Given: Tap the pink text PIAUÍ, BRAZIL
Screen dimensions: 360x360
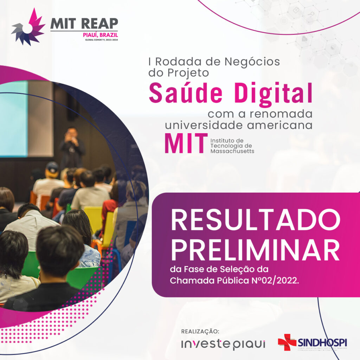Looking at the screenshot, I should pos(100,35).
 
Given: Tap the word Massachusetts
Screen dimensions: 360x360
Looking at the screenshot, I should pos(232,151).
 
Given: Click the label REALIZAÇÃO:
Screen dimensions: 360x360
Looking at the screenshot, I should pos(200,332).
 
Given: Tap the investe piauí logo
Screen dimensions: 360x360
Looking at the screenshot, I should pos(223,344).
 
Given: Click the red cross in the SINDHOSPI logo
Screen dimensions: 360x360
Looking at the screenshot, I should pos(287,342).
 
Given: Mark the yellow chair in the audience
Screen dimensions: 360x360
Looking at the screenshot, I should pos(93,218).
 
